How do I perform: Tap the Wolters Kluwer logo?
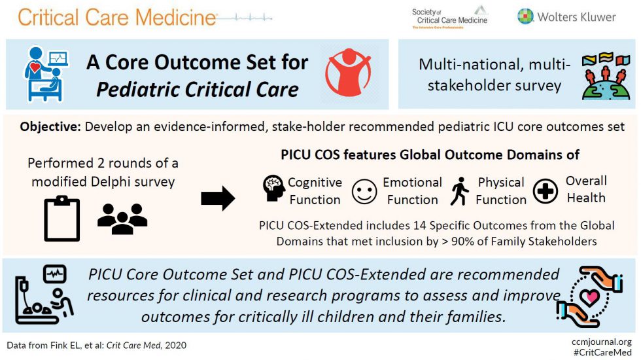point(566,16)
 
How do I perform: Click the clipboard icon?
point(61,218)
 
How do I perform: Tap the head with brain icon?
point(274,189)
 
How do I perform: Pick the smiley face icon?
point(364,192)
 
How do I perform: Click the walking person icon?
point(460,192)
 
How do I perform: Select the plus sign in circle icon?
point(546,192)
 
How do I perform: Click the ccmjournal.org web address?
point(601,341)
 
